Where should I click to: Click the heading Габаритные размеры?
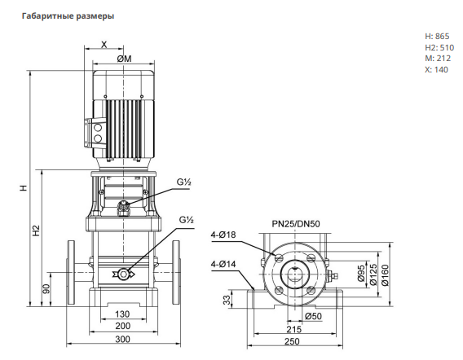click(68, 16)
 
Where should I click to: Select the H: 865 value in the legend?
click(437, 37)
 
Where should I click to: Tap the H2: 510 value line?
click(439, 47)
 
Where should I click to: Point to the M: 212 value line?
click(438, 58)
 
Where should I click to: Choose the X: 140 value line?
click(436, 70)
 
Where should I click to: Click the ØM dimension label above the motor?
click(125, 59)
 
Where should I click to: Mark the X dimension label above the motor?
click(104, 45)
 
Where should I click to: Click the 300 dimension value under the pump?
click(122, 340)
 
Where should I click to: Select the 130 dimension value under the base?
click(122, 314)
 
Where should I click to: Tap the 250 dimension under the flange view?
click(292, 341)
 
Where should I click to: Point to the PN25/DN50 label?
click(296, 224)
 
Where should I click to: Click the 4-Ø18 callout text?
click(223, 235)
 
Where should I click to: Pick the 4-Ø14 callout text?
click(223, 264)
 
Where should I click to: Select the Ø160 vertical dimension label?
click(385, 275)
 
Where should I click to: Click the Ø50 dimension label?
click(313, 316)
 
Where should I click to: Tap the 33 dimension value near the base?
click(227, 300)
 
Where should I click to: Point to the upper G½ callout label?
click(184, 182)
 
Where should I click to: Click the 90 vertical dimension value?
click(47, 289)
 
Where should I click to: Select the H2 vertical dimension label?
click(36, 230)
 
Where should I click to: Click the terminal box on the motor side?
click(95, 134)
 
